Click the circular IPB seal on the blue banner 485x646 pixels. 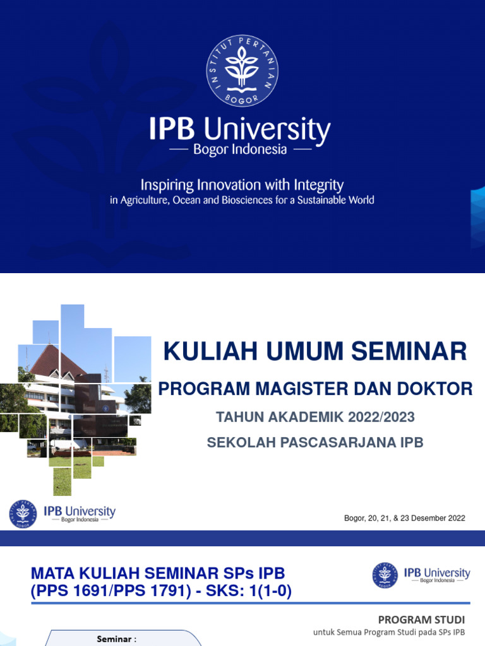242,71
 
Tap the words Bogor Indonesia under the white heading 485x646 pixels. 240,150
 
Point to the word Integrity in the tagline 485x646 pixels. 318,185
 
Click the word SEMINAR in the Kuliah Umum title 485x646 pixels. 409,351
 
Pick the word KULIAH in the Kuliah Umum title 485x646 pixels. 212,351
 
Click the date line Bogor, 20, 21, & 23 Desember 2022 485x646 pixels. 405,518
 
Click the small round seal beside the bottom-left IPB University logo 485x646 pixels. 23,514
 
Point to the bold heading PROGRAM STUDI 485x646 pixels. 421,620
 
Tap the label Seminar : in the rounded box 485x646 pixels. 116,639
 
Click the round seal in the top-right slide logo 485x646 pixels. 385,575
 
